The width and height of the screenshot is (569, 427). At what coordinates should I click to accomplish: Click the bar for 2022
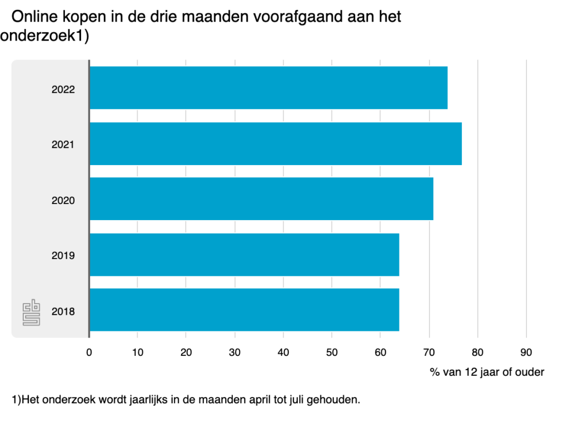[268, 88]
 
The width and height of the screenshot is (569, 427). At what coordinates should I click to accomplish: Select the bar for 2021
[275, 143]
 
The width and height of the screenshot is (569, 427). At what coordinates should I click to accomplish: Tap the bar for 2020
[261, 199]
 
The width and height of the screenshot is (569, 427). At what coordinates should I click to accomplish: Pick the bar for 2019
[244, 255]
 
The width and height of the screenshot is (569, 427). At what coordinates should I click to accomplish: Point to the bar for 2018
[244, 310]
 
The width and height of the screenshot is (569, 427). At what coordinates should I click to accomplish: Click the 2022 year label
[63, 89]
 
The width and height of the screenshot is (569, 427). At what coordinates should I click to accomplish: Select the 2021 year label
[63, 145]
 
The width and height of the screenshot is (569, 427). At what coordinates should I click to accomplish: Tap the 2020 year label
[63, 200]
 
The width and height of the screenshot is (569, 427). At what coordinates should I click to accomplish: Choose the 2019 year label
[63, 256]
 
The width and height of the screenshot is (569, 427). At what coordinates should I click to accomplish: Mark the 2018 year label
[63, 311]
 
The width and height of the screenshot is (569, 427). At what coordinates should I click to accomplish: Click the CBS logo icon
[31, 314]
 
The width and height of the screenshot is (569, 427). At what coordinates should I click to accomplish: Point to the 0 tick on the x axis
[89, 352]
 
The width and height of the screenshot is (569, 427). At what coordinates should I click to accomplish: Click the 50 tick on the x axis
[332, 352]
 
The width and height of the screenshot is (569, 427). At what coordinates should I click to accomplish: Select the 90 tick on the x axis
[526, 352]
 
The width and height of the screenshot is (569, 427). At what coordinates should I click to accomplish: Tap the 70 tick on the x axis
[429, 352]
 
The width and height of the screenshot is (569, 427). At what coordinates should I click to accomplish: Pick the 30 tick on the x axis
[234, 352]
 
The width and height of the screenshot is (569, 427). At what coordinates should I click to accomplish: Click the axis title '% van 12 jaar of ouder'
[487, 372]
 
